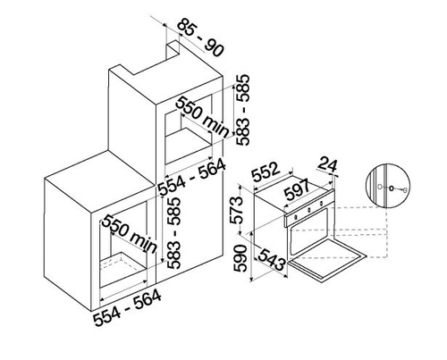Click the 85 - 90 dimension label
[200, 38]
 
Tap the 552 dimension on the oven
[266, 172]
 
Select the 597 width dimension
[298, 190]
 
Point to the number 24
[327, 165]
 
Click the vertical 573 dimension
[238, 210]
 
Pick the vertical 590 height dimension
[240, 258]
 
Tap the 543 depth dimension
[271, 259]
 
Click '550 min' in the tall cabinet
[203, 117]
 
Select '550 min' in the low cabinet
[130, 234]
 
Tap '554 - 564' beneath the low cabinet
[127, 308]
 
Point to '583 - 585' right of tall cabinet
[242, 110]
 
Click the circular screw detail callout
[388, 186]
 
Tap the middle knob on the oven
[309, 210]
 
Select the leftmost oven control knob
[296, 216]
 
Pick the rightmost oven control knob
[321, 204]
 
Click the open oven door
[327, 261]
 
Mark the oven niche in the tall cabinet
[189, 130]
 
